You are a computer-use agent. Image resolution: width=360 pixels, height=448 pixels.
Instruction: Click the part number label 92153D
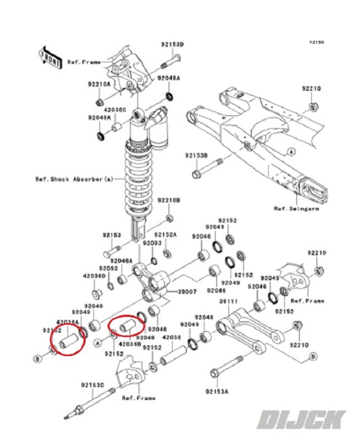[173, 44]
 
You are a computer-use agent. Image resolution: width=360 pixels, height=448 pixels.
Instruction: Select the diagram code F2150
[317, 42]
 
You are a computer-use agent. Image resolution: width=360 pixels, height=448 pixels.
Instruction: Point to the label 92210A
[99, 84]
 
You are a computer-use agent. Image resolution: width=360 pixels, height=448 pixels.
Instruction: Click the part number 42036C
[115, 110]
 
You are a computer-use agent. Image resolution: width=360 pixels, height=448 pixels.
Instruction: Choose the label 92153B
[197, 155]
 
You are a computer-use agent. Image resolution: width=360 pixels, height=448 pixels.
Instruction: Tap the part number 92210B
[168, 200]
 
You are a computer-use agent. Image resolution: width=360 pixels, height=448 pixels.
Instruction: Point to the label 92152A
[166, 235]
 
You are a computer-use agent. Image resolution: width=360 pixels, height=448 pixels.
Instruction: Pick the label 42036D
[95, 276]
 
